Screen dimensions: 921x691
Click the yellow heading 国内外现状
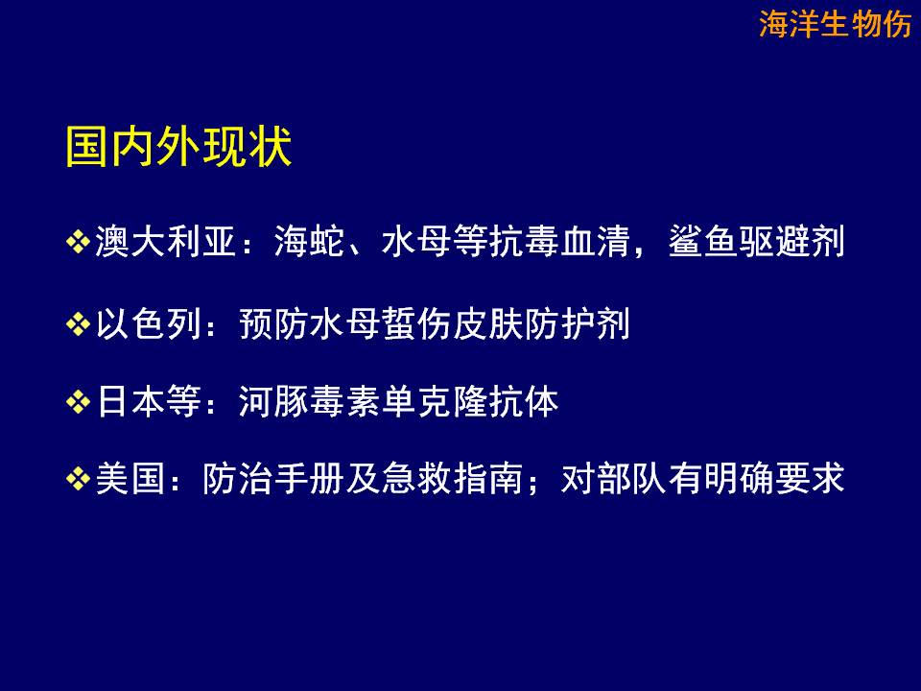click(178, 146)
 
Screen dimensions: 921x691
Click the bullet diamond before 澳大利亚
click(78, 242)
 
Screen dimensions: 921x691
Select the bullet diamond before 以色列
click(78, 323)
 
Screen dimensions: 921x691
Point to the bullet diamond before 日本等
click(78, 402)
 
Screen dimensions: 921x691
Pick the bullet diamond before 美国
click(78, 479)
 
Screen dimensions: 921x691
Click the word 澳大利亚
click(166, 242)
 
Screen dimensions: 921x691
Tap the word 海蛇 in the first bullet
click(310, 242)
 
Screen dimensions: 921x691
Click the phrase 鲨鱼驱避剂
click(757, 242)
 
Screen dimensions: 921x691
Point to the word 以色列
click(149, 323)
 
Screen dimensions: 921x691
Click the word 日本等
click(149, 402)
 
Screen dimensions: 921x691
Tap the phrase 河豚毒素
click(310, 402)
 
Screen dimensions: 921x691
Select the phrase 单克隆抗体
click(470, 402)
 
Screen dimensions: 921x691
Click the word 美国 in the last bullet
click(130, 479)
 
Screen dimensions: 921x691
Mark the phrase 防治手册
click(273, 479)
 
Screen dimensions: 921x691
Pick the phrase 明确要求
click(774, 479)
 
